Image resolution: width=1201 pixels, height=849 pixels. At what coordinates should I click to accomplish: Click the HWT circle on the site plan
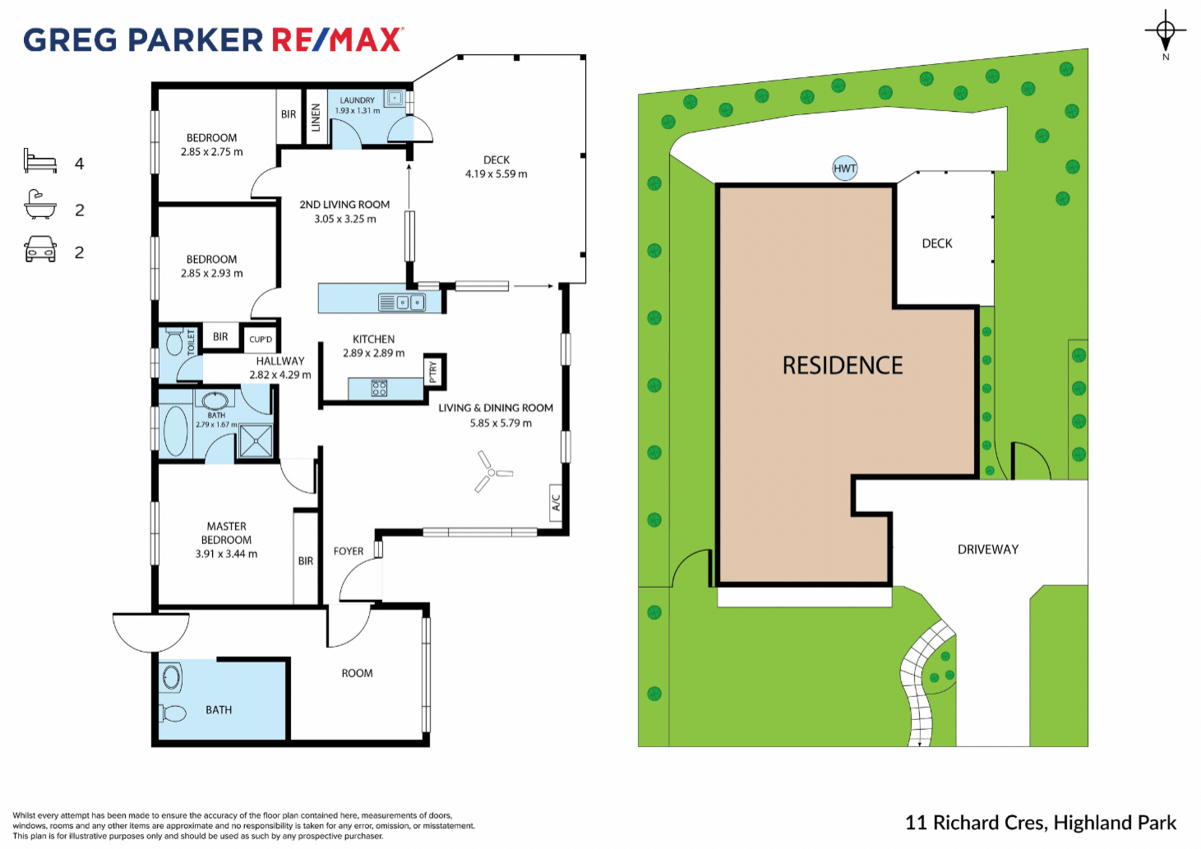844,168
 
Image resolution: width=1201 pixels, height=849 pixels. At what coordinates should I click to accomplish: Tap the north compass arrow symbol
1165,35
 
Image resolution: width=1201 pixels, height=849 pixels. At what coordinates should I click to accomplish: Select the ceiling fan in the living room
491,473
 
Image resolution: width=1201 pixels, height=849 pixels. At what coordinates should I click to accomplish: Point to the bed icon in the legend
40,161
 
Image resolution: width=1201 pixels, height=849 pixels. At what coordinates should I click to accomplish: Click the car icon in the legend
40,250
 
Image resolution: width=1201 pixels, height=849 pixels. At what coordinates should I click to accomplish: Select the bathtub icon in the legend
40,205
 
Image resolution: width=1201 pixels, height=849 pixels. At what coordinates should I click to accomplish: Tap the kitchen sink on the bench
402,302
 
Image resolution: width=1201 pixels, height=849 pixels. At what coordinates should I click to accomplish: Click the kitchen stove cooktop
379,388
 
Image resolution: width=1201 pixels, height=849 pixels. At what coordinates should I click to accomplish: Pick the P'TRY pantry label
433,371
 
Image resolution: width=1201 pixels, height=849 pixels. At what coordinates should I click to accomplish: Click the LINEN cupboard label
316,118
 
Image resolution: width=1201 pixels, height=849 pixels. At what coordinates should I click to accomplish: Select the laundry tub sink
395,99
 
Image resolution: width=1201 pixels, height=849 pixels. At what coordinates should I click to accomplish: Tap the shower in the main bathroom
255,441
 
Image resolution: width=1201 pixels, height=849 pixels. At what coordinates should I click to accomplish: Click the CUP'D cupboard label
261,339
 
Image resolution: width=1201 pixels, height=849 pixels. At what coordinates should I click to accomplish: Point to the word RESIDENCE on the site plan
843,366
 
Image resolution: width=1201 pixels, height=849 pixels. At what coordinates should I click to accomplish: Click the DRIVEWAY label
987,549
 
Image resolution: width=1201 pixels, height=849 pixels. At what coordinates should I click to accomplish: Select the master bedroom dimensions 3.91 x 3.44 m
226,554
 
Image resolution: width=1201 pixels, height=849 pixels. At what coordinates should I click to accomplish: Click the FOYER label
349,551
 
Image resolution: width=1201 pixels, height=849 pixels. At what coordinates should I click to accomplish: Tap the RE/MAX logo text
337,39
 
